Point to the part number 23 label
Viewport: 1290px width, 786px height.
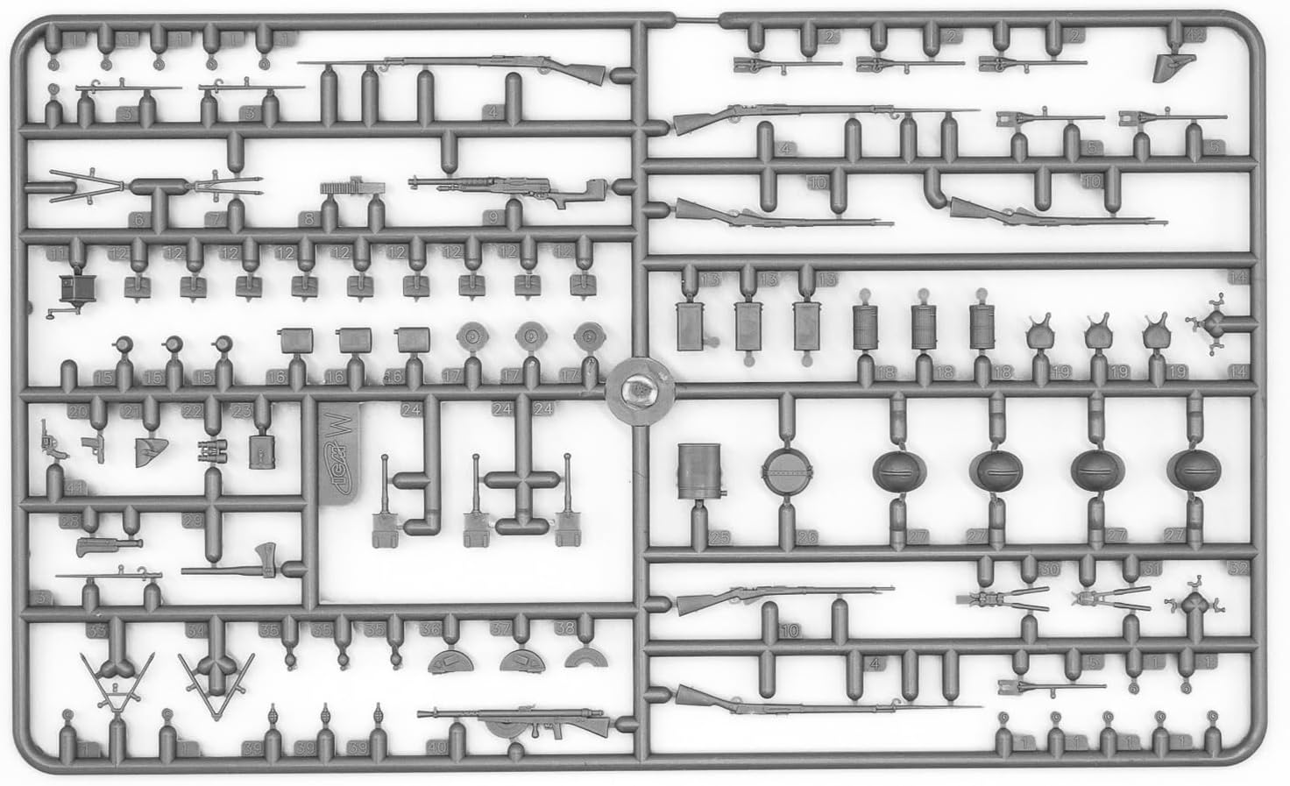(x=243, y=410)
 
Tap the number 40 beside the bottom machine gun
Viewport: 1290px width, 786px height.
(x=436, y=748)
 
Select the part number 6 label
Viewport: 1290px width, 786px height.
(x=138, y=219)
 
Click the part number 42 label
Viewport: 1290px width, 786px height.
(x=1194, y=35)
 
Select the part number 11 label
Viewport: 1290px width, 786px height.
(x=59, y=254)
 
